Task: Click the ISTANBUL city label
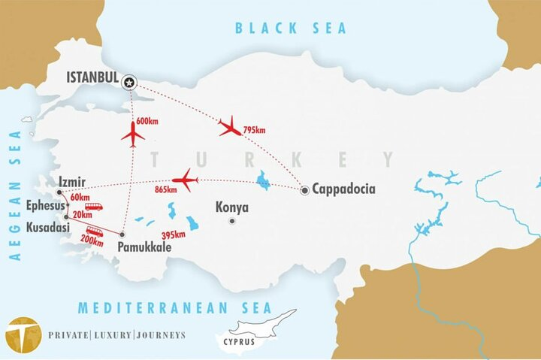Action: (92, 78)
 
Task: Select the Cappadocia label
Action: (343, 189)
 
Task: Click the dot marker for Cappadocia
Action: (304, 191)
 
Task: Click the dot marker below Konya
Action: (232, 221)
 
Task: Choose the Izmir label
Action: (71, 182)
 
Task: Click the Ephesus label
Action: (44, 205)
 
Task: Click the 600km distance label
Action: (148, 121)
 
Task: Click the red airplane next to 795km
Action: (229, 126)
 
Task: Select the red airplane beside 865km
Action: (185, 180)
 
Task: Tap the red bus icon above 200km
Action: (95, 231)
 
